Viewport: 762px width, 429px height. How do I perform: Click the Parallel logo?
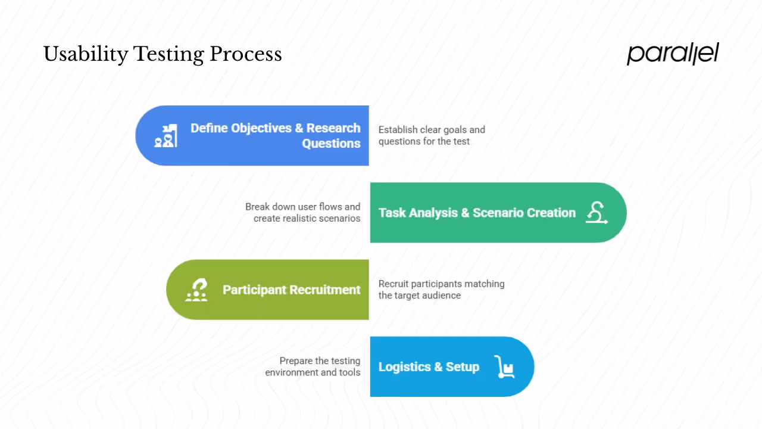(673, 54)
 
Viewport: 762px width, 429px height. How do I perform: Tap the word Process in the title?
(245, 55)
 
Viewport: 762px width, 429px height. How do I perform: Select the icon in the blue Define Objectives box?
(165, 136)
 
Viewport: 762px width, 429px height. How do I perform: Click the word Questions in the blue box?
(331, 144)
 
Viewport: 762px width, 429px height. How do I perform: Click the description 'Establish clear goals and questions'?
(432, 135)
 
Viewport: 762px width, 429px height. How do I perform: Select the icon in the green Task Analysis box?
(596, 213)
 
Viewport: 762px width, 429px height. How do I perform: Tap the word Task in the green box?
(392, 213)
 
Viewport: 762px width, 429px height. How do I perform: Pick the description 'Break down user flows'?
(302, 213)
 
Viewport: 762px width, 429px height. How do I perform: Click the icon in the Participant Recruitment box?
(196, 290)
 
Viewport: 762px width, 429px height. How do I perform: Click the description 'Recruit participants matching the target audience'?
(441, 290)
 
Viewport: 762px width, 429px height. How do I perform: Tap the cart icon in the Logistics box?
(504, 367)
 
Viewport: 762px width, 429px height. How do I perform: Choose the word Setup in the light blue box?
(463, 367)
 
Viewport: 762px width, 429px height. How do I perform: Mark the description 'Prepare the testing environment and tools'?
(313, 366)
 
